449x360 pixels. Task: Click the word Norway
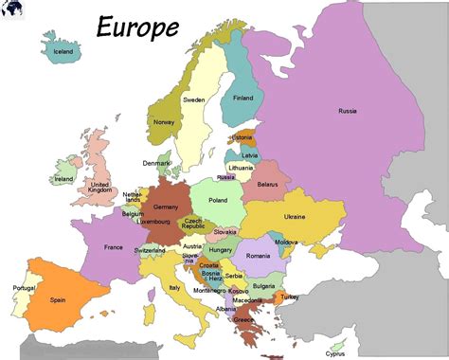(164, 122)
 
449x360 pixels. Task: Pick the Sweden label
(193, 99)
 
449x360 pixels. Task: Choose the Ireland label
(63, 178)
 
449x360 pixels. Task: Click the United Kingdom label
(99, 188)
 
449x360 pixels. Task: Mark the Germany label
(166, 206)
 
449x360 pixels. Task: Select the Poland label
(218, 200)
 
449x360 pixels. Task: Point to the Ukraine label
(295, 217)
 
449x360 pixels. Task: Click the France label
(113, 248)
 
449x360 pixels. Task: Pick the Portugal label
(23, 287)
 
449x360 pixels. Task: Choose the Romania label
(259, 256)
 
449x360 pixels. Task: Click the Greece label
(244, 319)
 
